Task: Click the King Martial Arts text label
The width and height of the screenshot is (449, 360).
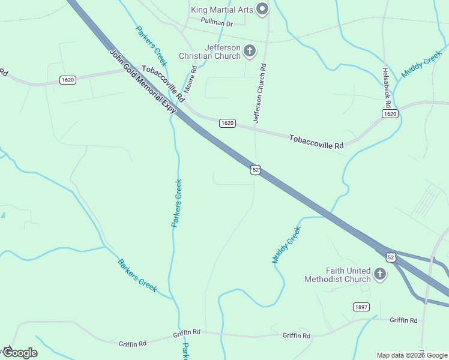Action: click(221, 10)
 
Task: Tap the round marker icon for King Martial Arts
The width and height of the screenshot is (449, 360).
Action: click(262, 9)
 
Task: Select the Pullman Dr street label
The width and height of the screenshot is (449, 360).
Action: click(217, 23)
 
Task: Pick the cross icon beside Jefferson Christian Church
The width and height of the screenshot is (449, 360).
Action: click(250, 52)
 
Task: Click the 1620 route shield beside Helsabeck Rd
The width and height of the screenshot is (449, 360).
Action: click(390, 113)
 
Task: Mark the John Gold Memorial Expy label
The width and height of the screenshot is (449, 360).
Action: click(143, 82)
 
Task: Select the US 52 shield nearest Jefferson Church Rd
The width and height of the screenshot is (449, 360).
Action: click(256, 170)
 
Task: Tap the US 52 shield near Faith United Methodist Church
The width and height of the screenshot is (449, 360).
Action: click(391, 257)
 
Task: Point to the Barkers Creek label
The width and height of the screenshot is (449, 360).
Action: click(137, 275)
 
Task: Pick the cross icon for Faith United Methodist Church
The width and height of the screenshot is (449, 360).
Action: click(379, 274)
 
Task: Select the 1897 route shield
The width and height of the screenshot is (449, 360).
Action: click(361, 307)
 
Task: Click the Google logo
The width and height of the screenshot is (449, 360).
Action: click(19, 353)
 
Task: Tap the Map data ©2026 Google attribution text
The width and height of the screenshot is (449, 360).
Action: click(412, 355)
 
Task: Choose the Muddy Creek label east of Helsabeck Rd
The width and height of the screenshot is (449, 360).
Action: click(421, 67)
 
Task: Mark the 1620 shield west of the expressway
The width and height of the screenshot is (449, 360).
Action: click(67, 80)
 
